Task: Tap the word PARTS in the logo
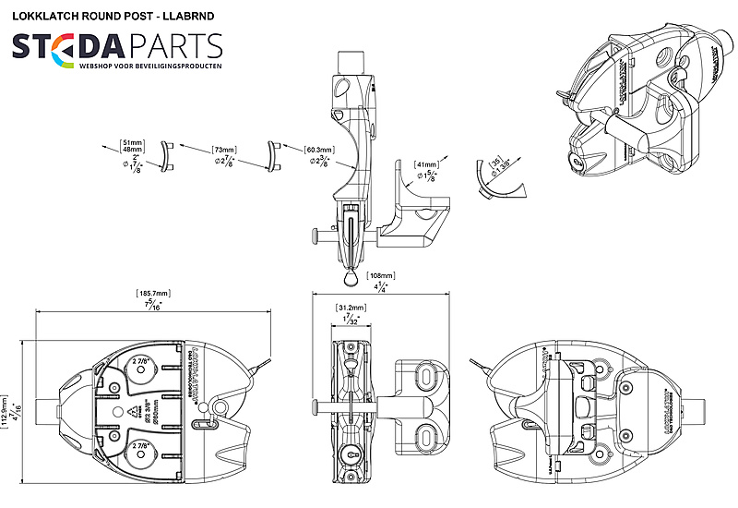[172, 45]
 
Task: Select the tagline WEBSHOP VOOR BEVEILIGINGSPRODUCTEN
[150, 69]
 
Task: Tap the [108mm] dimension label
[380, 275]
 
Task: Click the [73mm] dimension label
[223, 149]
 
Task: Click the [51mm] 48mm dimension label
[133, 147]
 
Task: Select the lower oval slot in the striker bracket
[426, 434]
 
